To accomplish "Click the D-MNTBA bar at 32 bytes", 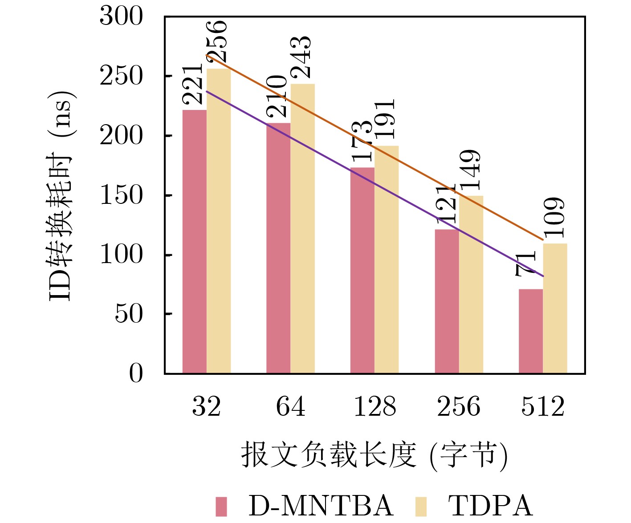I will (195, 242).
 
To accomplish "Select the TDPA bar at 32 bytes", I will (219, 221).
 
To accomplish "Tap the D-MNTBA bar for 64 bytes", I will (278, 248).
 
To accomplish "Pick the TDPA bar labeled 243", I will (303, 229).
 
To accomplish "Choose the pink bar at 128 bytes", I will (362, 270).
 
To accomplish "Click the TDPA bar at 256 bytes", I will (471, 284).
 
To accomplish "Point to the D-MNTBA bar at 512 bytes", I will (531, 331).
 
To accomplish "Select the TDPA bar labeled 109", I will (555, 308).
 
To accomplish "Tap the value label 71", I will (525, 264).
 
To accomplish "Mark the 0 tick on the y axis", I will (136, 373).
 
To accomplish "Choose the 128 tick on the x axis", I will (375, 406).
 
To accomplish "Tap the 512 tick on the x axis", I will (543, 406).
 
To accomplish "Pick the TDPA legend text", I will (490, 506).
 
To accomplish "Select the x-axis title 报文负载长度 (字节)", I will (375, 455).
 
